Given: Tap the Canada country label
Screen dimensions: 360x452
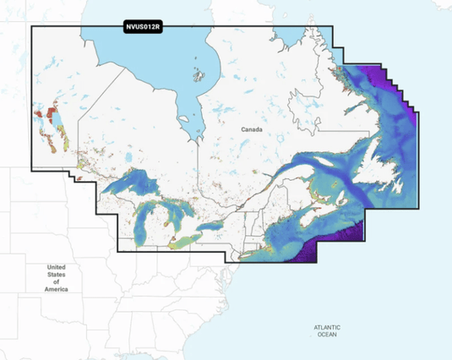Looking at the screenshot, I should pyautogui.click(x=252, y=130).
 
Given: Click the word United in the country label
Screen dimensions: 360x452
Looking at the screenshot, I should pyautogui.click(x=56, y=267).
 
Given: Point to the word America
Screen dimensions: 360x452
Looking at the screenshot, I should pyautogui.click(x=56, y=290).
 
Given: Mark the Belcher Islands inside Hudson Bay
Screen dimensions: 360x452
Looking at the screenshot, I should pyautogui.click(x=200, y=75).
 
